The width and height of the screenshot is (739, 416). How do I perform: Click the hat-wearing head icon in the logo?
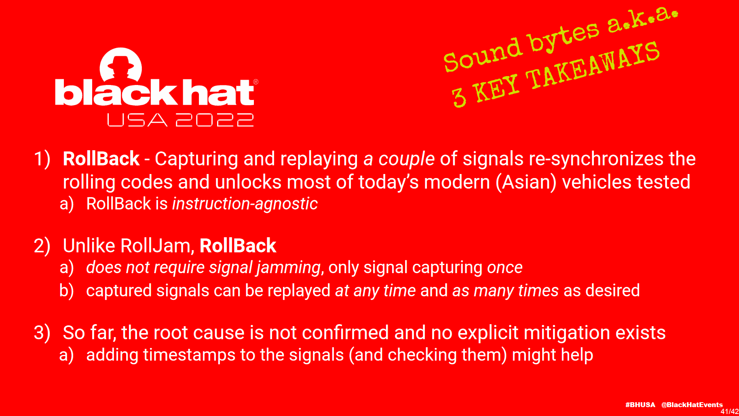tap(121, 65)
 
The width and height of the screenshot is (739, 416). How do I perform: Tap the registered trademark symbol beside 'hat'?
tap(255, 82)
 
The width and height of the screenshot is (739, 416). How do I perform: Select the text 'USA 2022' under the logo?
tap(180, 120)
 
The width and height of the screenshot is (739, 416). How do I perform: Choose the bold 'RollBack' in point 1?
tap(101, 159)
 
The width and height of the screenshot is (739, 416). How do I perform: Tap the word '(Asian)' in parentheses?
tap(526, 182)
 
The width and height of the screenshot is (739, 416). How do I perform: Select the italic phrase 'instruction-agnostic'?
tap(245, 204)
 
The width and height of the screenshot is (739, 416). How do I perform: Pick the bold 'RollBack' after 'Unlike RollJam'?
tap(238, 246)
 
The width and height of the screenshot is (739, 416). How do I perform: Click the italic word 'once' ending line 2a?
tap(505, 268)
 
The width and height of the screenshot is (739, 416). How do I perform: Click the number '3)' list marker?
tap(42, 333)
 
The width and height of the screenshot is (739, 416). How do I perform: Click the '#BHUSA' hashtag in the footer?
tap(640, 405)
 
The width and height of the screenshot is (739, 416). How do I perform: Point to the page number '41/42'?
tap(730, 412)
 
